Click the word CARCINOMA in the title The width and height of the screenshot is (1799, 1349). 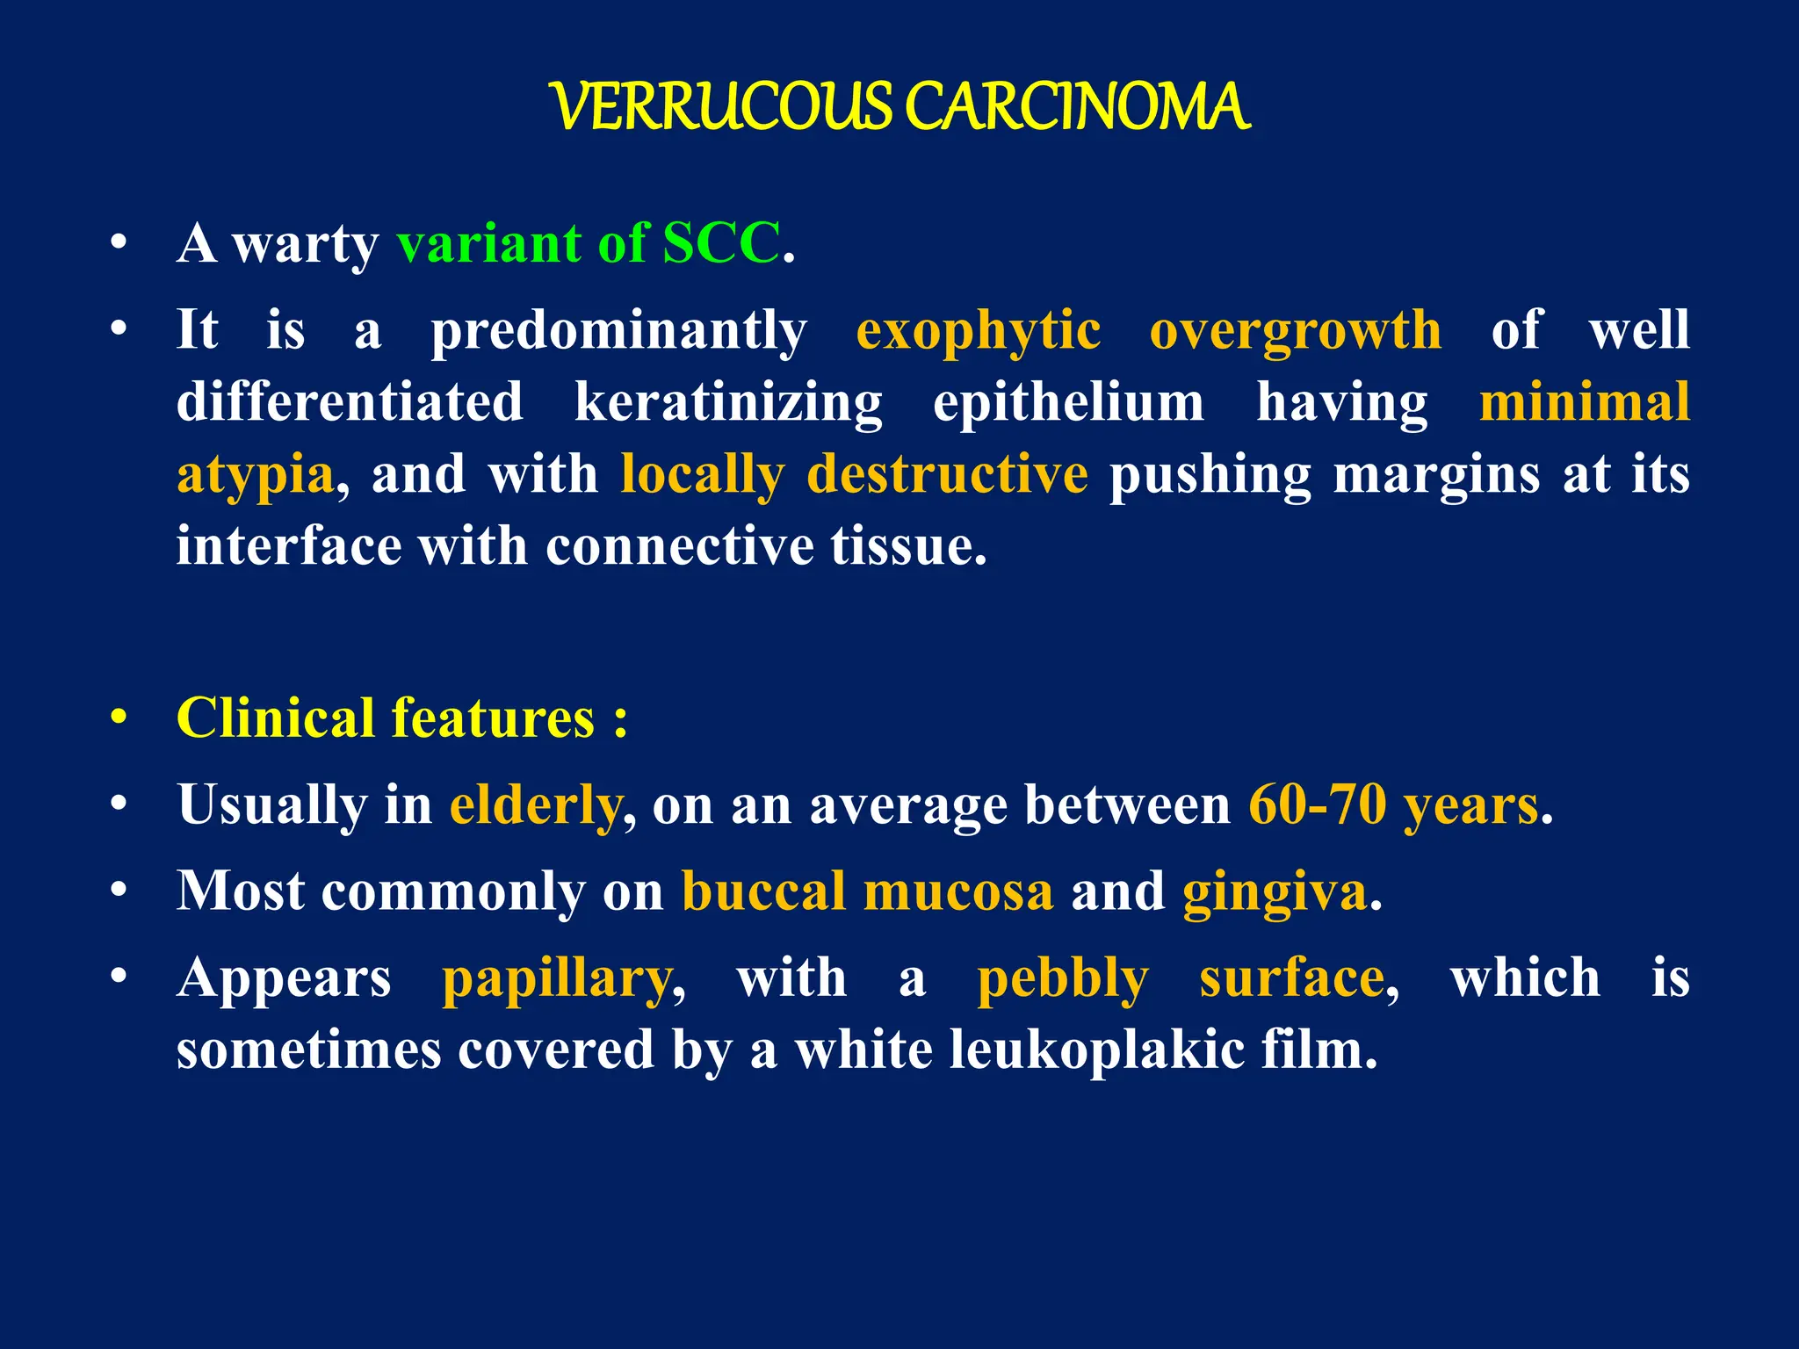(1076, 108)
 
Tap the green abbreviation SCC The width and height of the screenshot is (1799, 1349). (720, 243)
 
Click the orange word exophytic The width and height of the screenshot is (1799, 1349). (978, 332)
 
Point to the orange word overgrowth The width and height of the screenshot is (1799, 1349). (1295, 332)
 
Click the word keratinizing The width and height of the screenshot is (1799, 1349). (728, 404)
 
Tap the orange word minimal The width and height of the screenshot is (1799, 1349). (1584, 402)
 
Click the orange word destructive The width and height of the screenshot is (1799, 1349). (947, 474)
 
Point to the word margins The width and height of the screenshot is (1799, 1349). (1436, 476)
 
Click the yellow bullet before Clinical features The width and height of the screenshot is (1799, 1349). (119, 718)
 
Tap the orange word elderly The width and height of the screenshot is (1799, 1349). (535, 805)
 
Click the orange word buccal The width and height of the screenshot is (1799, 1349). (763, 891)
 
